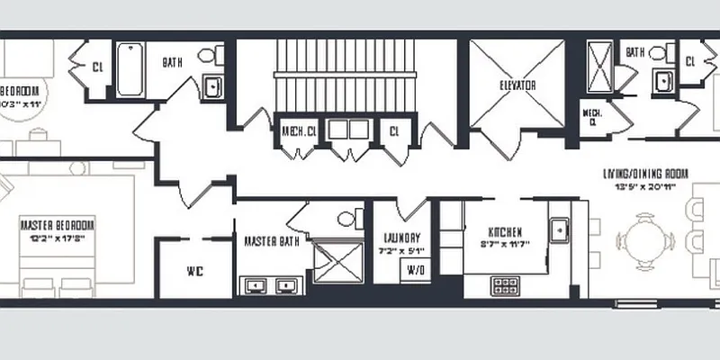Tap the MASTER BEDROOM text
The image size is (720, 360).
(58, 225)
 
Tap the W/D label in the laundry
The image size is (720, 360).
(416, 270)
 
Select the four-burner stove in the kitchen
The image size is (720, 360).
(506, 285)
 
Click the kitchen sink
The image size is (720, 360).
(559, 231)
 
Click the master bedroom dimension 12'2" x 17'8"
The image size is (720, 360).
(58, 238)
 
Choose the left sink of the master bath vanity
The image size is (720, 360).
(255, 286)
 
